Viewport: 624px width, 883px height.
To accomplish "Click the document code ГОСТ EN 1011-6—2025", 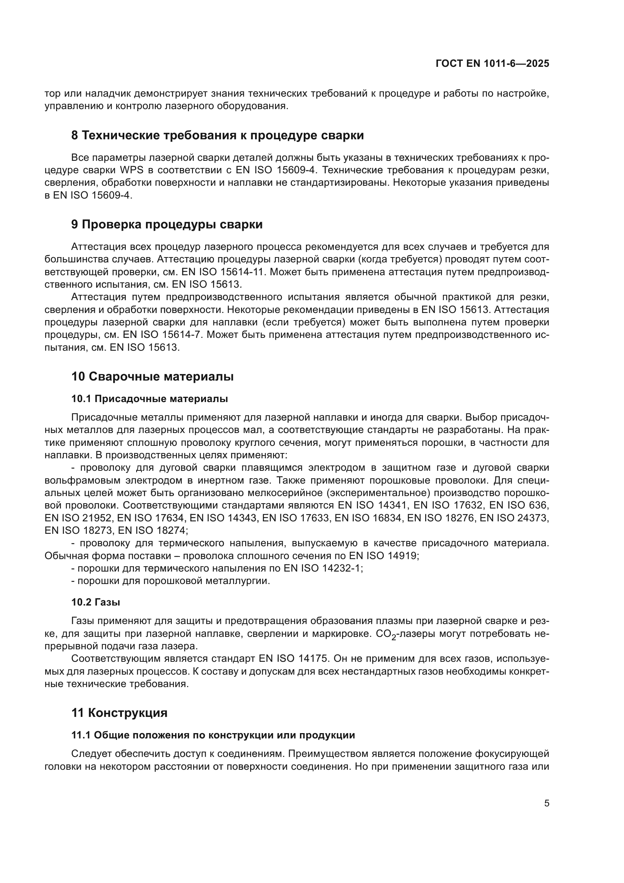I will tap(492, 64).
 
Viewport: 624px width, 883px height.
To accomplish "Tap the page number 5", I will tap(546, 803).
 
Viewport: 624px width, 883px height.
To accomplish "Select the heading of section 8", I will tap(217, 136).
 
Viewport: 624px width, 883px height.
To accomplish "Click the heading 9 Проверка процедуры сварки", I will tap(167, 224).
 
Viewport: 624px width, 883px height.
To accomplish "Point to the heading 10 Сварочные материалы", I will tap(152, 376).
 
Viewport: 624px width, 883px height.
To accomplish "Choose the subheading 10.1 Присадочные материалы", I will tap(149, 399).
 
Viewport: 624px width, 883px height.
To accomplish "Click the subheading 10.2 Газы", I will tap(96, 602).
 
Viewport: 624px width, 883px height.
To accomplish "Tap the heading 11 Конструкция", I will tap(119, 713).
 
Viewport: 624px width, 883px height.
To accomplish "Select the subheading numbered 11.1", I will tap(213, 735).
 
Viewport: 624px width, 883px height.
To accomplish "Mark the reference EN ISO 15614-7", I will tap(162, 334).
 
